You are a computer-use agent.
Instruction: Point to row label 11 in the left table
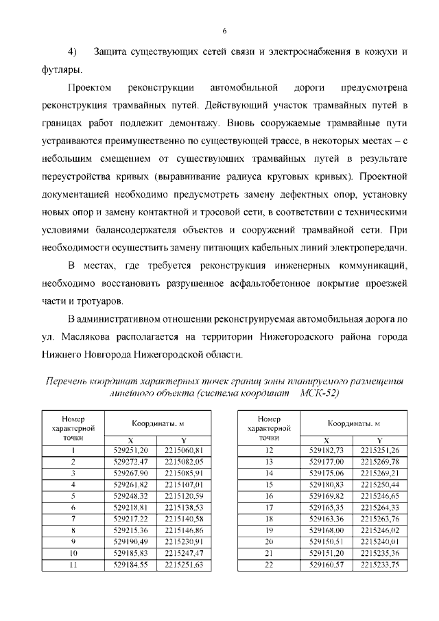73,565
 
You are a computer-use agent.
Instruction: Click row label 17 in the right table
269,506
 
